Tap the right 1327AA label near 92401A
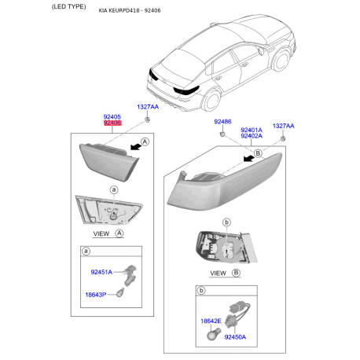click(283, 125)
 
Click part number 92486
click(222, 123)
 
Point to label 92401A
click(251, 129)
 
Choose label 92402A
click(251, 136)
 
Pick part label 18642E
click(211, 322)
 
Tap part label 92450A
click(235, 336)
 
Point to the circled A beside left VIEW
click(119, 233)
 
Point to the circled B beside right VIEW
click(234, 273)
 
